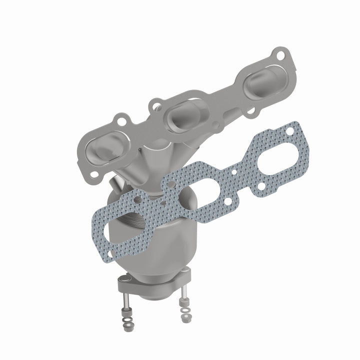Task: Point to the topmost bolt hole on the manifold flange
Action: click(x=280, y=55)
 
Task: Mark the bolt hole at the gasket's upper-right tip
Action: click(x=289, y=131)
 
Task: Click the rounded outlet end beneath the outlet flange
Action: click(x=154, y=295)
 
